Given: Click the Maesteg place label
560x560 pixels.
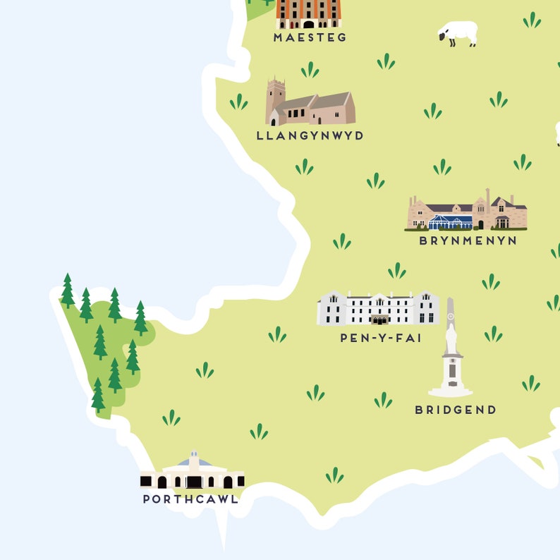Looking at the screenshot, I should pos(310,37).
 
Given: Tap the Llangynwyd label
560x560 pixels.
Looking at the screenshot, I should pos(310,135).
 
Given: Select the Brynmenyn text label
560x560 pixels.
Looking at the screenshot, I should pos(468,241).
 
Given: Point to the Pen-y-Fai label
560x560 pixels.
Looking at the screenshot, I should pos(381,338).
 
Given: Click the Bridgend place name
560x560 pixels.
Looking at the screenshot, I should pos(456,410).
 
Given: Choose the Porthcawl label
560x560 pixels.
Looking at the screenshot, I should pos(190,499).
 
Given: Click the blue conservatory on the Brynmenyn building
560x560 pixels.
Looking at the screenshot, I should pos(451,222).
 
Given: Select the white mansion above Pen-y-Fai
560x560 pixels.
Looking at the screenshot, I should pos(378,308).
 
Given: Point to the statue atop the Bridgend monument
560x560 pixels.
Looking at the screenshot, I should pos(451,338).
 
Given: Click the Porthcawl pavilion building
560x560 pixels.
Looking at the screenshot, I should pos(192,474).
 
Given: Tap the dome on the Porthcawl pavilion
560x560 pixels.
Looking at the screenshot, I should pos(194,461).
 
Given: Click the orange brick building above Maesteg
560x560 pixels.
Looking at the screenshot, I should pos(308,13).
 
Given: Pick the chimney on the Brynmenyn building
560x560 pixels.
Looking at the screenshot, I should pos(487,196).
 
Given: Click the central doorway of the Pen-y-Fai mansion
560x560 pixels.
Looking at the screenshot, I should pos(379,319).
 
